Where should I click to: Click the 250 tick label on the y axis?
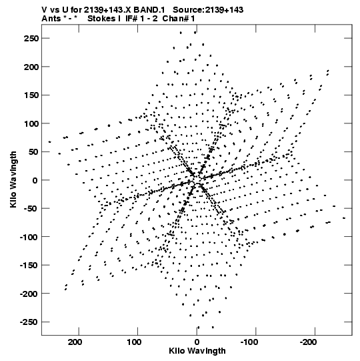point(31,38)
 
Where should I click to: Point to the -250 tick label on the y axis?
point(29,322)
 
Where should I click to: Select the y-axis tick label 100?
point(31,123)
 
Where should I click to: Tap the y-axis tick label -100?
point(29,237)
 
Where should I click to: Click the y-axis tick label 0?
point(35,180)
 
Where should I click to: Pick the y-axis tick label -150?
point(29,265)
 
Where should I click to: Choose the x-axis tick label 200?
point(75,342)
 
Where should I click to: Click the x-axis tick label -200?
point(308,342)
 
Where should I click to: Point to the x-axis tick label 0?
point(197,342)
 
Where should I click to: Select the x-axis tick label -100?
point(249,342)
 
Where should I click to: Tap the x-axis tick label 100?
point(135,342)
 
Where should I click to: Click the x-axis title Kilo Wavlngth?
point(197,351)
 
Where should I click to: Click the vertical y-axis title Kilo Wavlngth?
point(13,179)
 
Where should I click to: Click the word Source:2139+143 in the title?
point(208,10)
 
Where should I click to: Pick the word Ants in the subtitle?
point(51,19)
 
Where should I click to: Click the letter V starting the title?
point(44,10)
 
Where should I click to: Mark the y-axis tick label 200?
point(31,67)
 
